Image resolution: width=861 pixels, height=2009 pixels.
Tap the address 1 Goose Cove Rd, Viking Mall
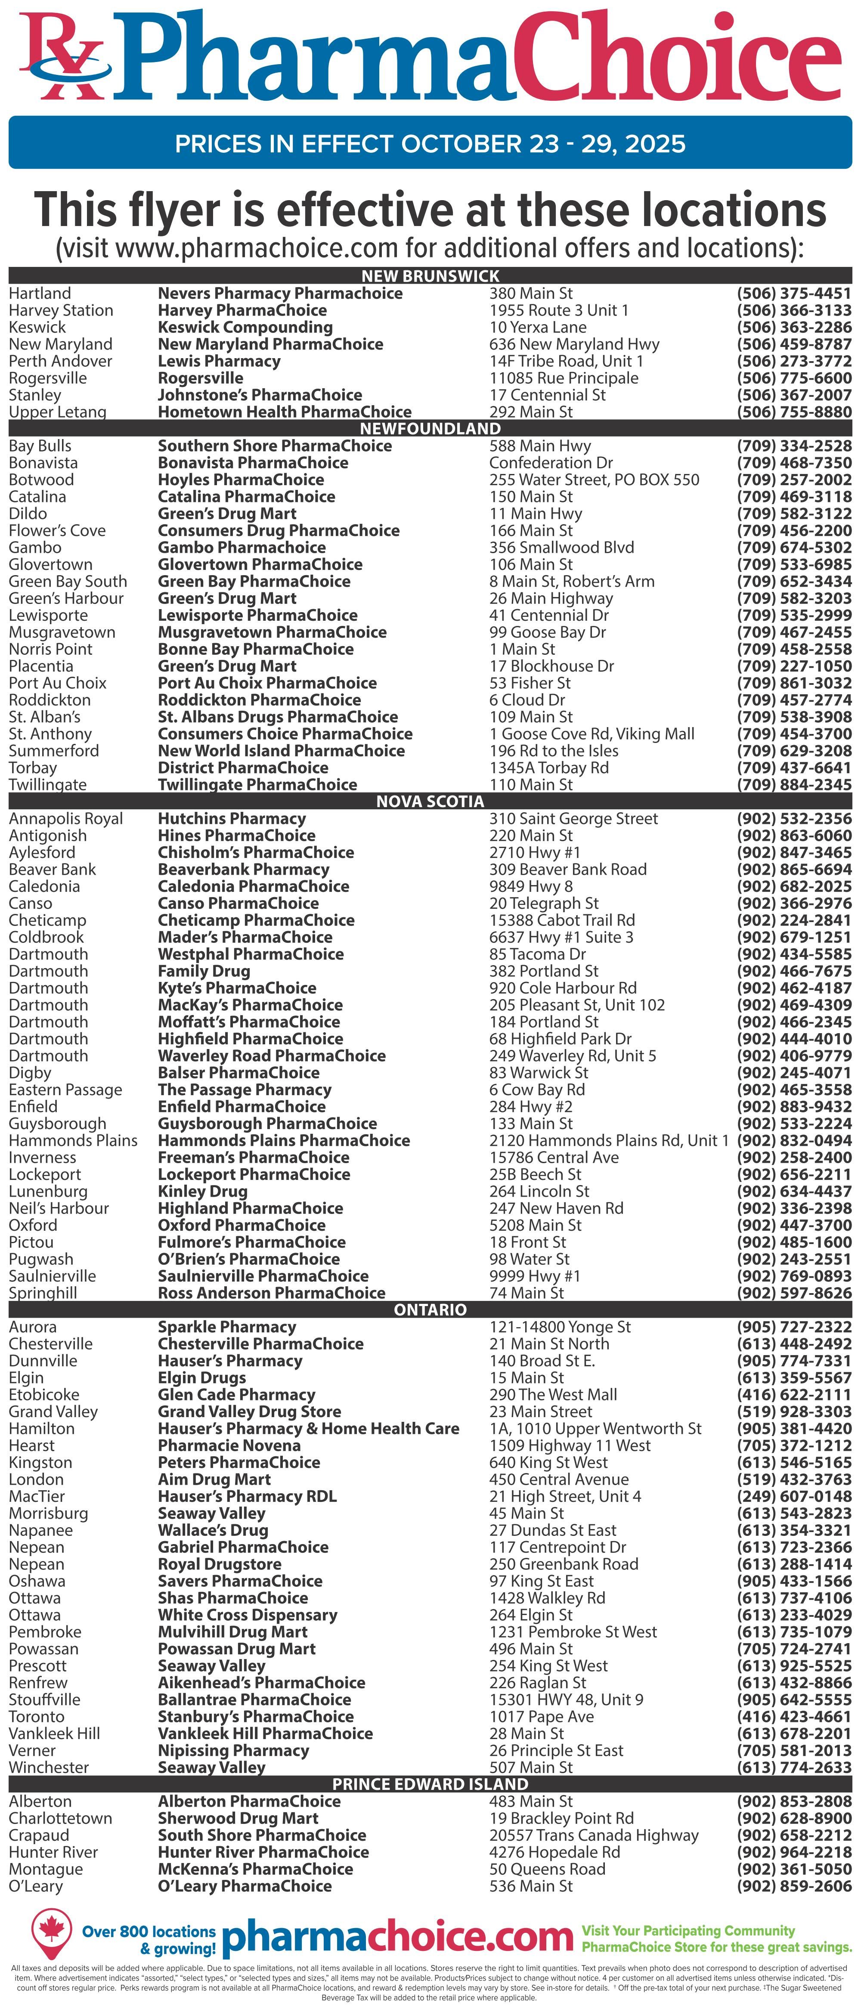(591, 734)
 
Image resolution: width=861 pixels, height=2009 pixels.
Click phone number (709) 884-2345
(794, 785)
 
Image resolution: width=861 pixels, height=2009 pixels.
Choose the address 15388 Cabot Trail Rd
(561, 920)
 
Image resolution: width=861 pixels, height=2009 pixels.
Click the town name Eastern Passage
(65, 1090)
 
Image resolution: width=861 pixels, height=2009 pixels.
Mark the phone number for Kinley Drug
(794, 1192)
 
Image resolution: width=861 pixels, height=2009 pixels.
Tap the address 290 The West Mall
(553, 1394)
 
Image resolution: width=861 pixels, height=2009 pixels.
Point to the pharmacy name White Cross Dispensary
(247, 1615)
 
